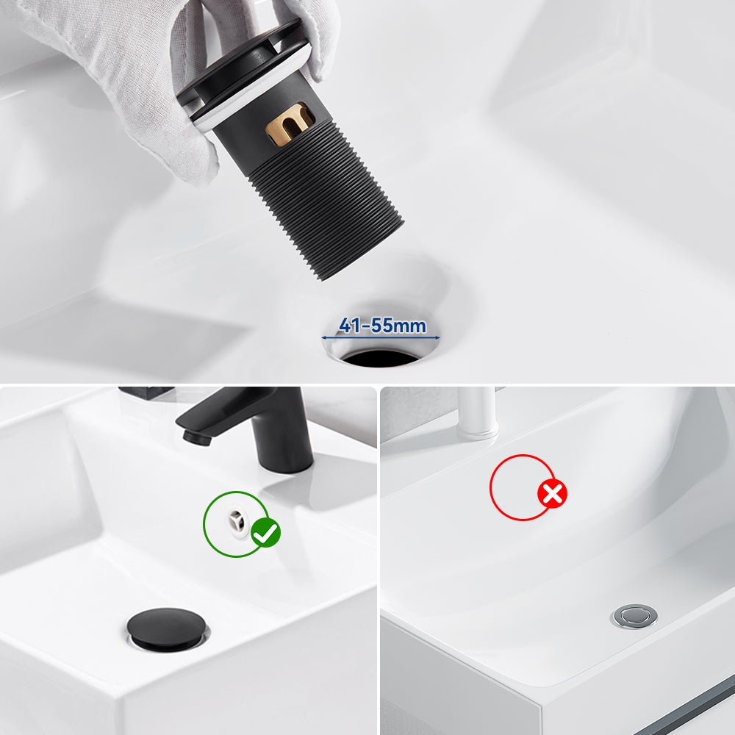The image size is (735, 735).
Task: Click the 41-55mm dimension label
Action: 381,325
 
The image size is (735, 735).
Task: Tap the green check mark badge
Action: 265,532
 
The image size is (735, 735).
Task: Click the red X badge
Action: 553,493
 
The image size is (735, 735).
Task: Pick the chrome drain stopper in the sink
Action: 634,615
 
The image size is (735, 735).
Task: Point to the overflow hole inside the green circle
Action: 236,519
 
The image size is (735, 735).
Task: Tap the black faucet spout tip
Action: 193,437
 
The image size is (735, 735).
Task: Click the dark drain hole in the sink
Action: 380,359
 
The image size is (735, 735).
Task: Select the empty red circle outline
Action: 520,487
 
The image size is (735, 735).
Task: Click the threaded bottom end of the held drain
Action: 360,254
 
